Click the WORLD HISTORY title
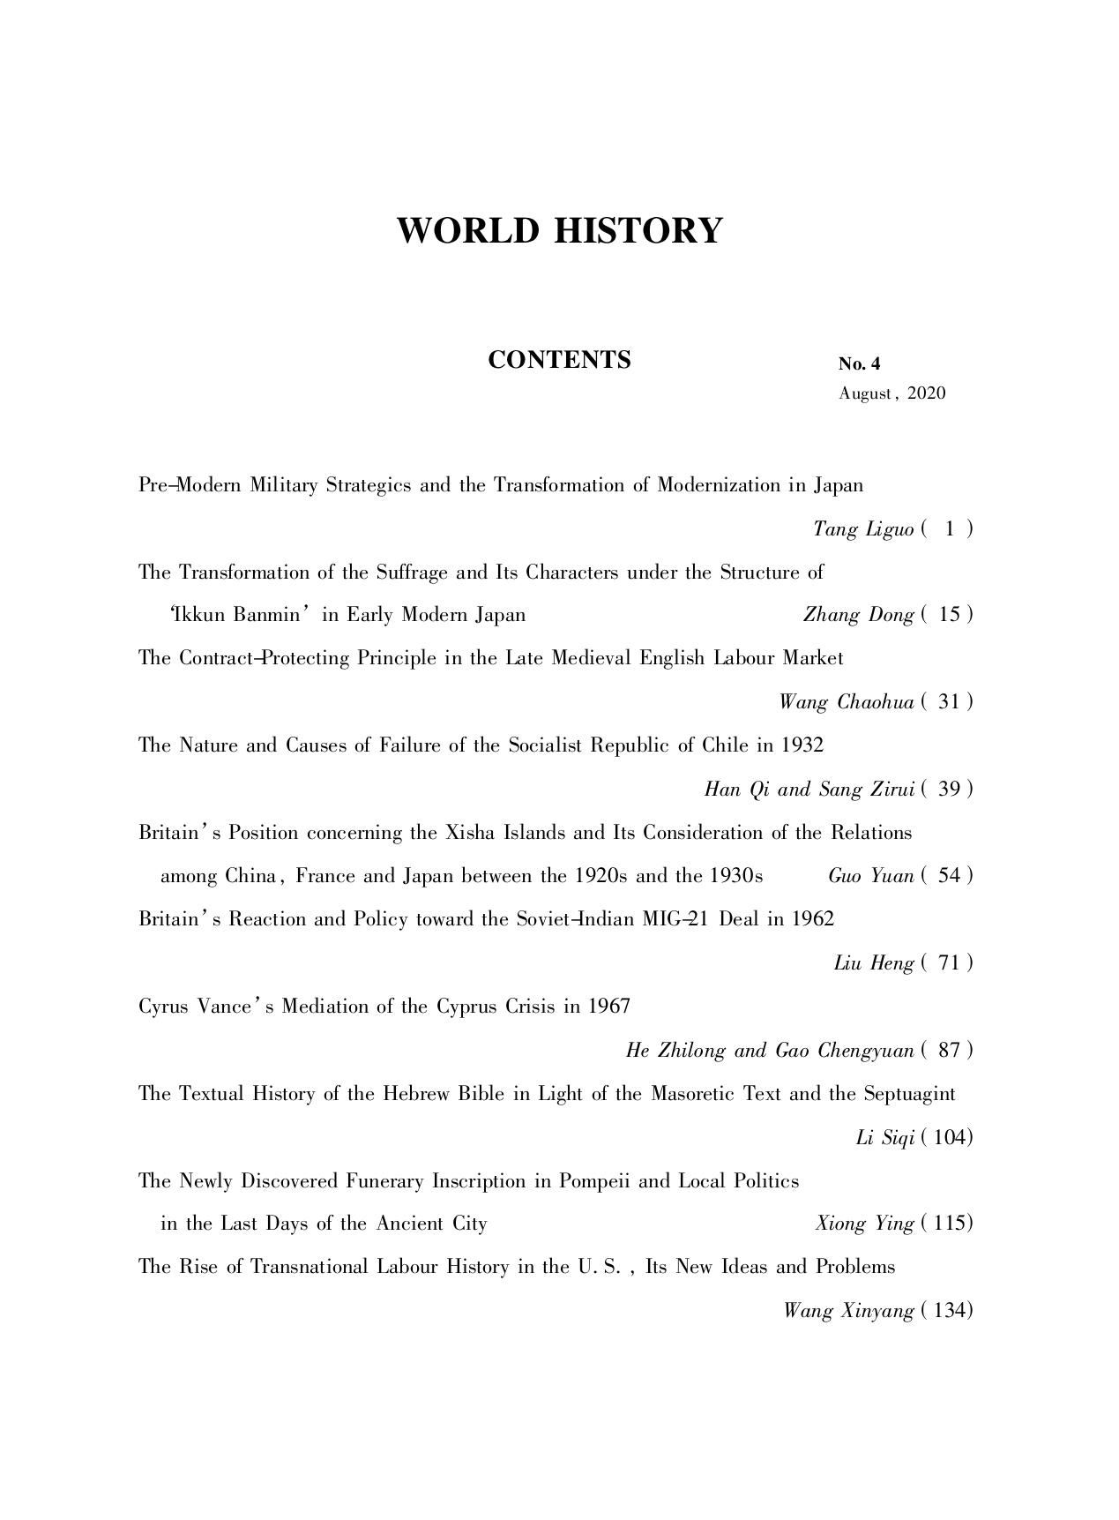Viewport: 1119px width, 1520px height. pos(559,231)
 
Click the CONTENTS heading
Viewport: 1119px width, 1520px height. pos(559,360)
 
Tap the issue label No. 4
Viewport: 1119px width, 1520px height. pos(859,364)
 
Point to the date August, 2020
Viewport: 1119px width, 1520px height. pos(891,393)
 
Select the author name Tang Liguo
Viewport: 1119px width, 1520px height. pos(863,529)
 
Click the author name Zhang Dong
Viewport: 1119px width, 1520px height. pos(858,615)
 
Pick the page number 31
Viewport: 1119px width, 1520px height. pos(949,702)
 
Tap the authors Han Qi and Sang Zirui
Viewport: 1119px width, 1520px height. pos(809,790)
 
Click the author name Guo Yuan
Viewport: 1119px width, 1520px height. pos(870,876)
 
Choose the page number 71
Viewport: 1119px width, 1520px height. pos(949,963)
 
